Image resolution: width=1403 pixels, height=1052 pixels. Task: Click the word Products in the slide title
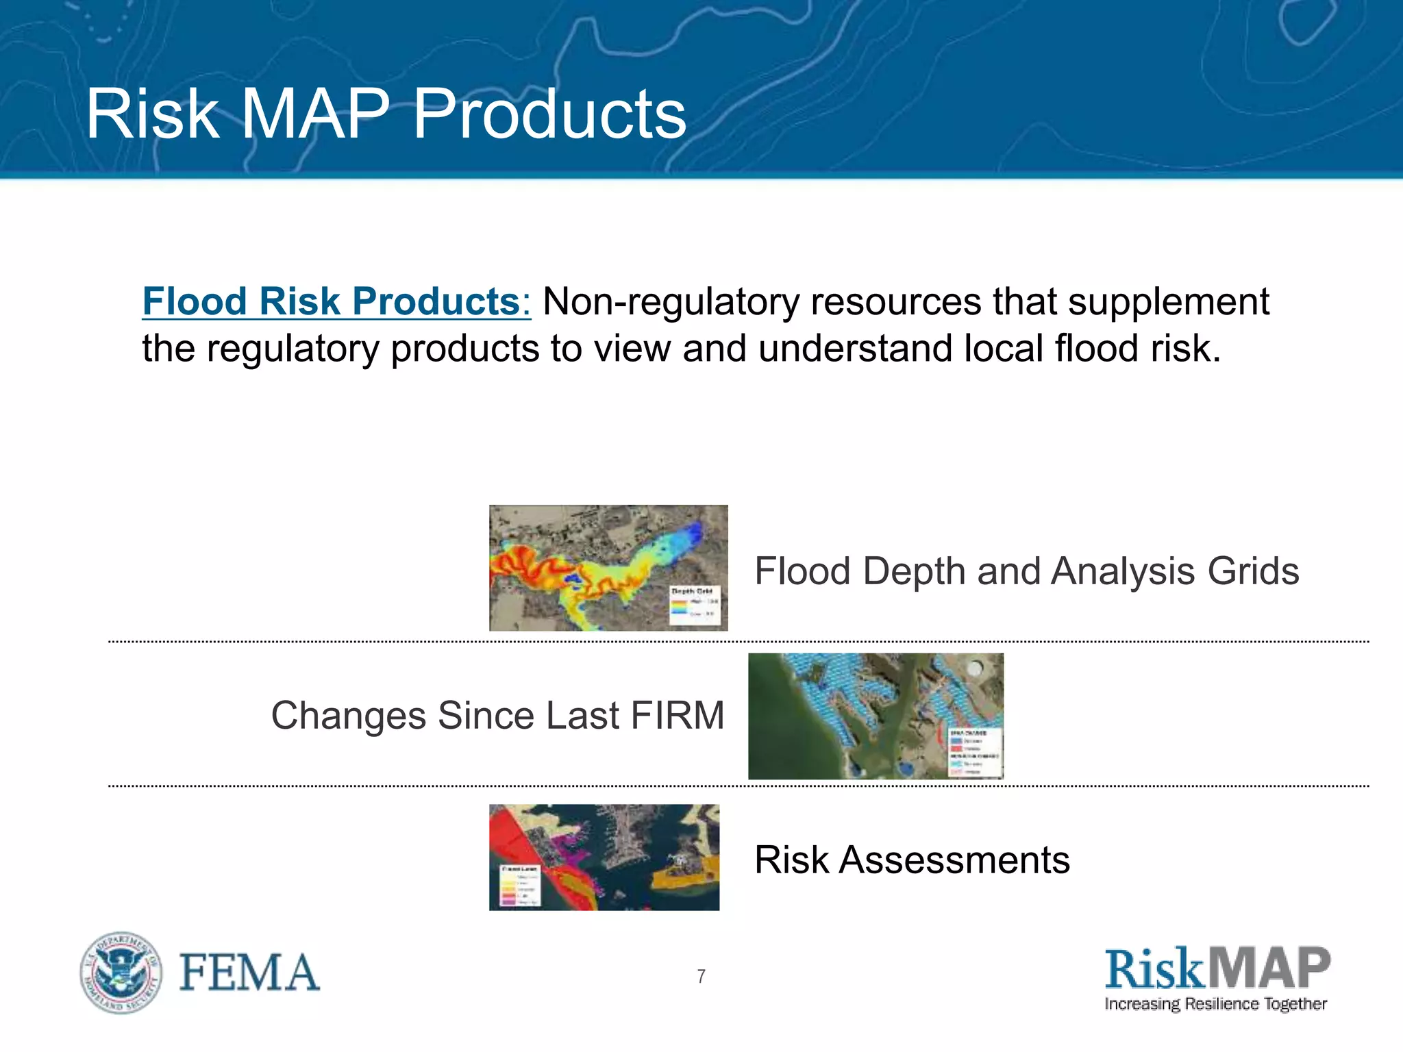click(549, 114)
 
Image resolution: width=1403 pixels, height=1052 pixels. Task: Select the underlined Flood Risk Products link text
click(336, 301)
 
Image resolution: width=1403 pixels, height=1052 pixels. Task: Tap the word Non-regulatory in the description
click(670, 301)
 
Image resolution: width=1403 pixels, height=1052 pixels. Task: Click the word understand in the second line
click(855, 348)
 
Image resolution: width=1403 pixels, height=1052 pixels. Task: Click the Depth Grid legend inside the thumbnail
click(695, 605)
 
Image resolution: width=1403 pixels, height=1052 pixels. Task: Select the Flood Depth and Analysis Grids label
click(1026, 571)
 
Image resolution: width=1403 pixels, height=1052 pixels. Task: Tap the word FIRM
click(677, 716)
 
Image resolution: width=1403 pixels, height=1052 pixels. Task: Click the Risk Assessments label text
click(911, 860)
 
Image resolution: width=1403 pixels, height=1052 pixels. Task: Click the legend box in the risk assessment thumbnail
click(520, 886)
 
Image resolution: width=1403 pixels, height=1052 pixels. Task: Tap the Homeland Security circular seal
click(121, 973)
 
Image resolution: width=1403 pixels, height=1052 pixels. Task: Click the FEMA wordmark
click(249, 973)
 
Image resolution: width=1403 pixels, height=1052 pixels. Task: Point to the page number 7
click(701, 977)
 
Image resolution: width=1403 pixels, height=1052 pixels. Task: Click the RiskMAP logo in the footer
click(1217, 968)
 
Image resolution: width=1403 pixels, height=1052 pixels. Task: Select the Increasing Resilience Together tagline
click(1215, 1005)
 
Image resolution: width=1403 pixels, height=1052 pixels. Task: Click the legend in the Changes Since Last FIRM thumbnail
click(975, 752)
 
